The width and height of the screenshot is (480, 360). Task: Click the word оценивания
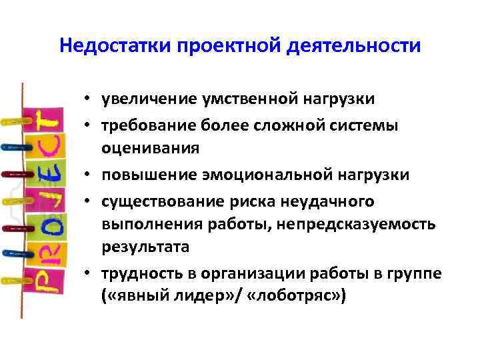[x=150, y=148]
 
